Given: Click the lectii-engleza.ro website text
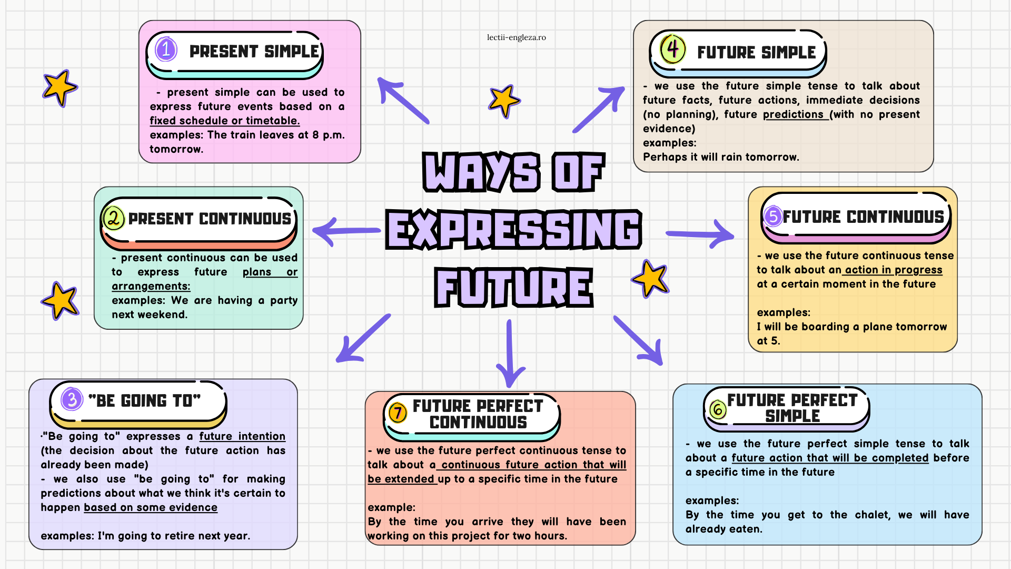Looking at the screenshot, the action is [516, 37].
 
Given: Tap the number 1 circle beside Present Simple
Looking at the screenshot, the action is [166, 50].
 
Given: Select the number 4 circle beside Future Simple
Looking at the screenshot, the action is [672, 49].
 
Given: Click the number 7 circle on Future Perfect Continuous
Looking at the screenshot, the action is [398, 413].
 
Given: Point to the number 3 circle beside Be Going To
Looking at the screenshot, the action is [72, 399].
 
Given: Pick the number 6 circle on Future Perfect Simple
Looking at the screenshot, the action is [718, 409].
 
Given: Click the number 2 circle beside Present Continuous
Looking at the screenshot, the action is [114, 218].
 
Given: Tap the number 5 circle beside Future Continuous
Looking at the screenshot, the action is [773, 216].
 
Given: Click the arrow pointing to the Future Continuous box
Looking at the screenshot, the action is [700, 233].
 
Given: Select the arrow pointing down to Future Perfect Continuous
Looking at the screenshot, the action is [509, 353].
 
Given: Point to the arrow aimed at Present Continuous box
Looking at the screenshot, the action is [346, 231].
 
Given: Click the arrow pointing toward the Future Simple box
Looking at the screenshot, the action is [599, 110].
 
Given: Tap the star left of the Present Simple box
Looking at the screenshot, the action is [60, 87].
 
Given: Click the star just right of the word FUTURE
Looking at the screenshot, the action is [651, 279].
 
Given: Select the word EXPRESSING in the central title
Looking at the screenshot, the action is [513, 229].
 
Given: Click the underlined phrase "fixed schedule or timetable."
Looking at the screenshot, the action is [225, 121].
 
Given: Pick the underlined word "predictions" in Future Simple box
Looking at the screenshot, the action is [793, 114].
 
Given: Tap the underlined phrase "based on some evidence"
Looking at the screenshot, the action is [151, 507].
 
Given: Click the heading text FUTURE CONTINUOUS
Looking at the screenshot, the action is [864, 217].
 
